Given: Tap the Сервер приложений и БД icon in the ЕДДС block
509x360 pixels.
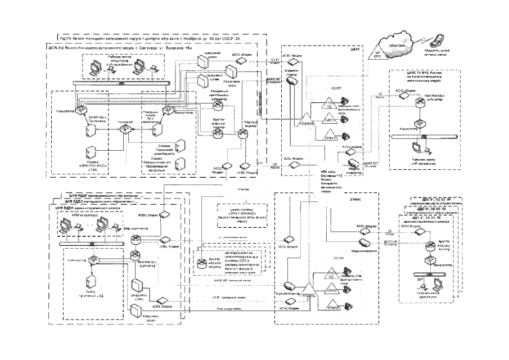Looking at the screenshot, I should pyautogui.click(x=88, y=281).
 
